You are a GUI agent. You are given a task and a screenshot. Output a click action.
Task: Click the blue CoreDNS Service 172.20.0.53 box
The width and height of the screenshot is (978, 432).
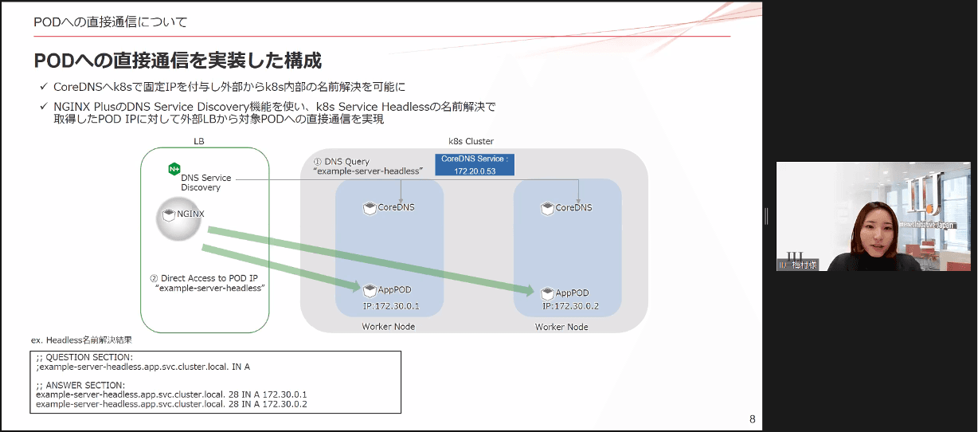pos(475,164)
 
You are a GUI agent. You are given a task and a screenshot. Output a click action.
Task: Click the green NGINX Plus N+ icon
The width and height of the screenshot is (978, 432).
pos(174,169)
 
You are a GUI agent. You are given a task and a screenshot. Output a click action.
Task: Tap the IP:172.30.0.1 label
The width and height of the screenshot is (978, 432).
pos(390,306)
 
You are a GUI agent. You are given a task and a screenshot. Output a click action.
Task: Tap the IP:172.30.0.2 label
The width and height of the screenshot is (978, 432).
pos(569,306)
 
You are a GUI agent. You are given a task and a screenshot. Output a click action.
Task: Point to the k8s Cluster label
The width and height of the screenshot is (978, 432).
pos(471,141)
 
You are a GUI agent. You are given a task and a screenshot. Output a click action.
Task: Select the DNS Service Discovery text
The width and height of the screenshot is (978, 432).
pos(205,183)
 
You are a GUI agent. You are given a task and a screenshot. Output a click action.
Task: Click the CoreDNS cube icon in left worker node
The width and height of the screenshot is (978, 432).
pos(370,208)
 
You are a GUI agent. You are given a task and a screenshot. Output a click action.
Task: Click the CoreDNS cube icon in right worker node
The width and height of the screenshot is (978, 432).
pos(547,208)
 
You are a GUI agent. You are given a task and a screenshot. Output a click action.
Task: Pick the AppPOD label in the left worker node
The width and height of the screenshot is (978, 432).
pos(393,291)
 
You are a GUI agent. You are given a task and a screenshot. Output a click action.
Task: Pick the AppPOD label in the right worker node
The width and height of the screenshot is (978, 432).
pos(572,293)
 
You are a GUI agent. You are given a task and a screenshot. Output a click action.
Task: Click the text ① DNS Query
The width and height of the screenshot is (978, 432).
pos(341,162)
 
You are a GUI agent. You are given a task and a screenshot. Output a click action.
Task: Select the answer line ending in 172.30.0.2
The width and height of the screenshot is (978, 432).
pos(171,404)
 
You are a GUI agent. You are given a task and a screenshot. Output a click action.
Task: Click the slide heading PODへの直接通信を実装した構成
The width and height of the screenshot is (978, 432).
pos(178,61)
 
